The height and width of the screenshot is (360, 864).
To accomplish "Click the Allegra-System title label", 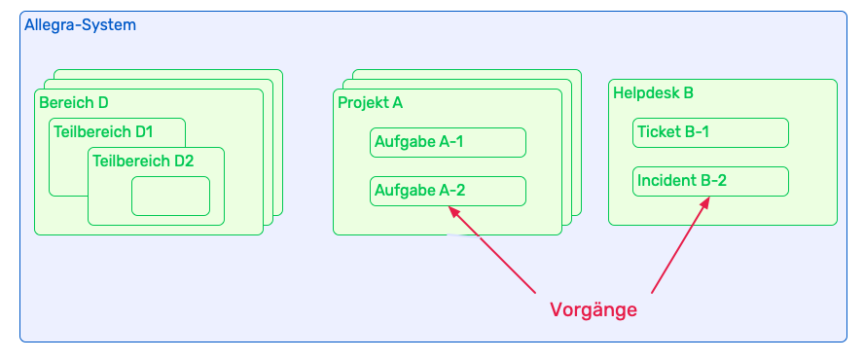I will (x=81, y=25).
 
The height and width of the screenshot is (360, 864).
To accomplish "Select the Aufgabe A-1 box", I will (x=448, y=142).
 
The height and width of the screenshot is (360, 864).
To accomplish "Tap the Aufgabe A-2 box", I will (x=448, y=191).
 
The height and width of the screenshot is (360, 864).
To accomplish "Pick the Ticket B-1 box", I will (x=709, y=132).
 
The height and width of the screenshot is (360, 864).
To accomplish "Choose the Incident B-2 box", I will (x=709, y=181).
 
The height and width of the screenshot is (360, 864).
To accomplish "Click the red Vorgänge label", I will (x=594, y=310).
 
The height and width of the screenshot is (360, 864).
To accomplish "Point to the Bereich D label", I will (x=74, y=102).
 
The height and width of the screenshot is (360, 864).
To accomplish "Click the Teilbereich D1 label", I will (x=103, y=131).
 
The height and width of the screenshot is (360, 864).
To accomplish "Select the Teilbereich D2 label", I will (x=143, y=161).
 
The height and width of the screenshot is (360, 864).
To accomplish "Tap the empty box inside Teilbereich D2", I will (x=170, y=196).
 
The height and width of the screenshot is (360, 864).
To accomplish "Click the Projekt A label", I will (x=370, y=102).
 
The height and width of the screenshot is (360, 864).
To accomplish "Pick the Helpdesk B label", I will (x=653, y=93).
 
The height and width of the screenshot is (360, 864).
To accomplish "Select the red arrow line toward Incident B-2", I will (x=679, y=247).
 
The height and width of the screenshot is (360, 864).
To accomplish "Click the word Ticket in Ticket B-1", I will (x=659, y=132).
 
